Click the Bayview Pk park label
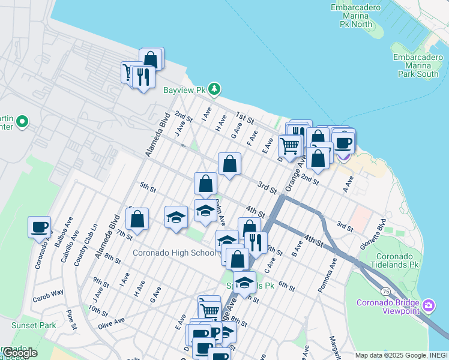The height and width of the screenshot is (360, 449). coord(184,90)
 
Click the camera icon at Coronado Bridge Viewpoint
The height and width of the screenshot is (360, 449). coord(428,306)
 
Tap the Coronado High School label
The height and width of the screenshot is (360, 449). coord(174,253)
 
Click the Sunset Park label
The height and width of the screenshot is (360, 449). coord(34,326)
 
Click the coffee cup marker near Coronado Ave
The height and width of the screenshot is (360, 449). coord(40,228)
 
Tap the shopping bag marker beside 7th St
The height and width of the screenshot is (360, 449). coord(137,219)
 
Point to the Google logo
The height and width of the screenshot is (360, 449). coord(19,352)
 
